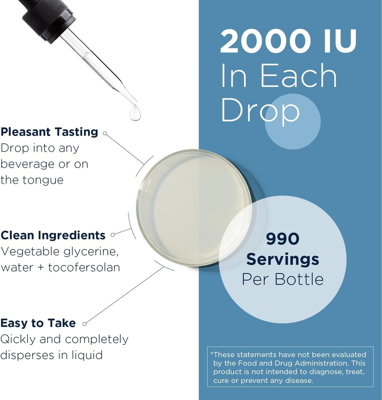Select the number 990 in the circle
click(x=282, y=239)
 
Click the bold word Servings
click(x=282, y=259)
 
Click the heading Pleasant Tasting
click(x=49, y=132)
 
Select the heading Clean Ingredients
click(x=53, y=235)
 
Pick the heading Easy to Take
click(x=38, y=323)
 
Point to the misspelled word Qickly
click(x=18, y=339)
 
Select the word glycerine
click(x=90, y=252)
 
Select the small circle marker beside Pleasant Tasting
click(x=105, y=133)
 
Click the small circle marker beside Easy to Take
click(x=84, y=324)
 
